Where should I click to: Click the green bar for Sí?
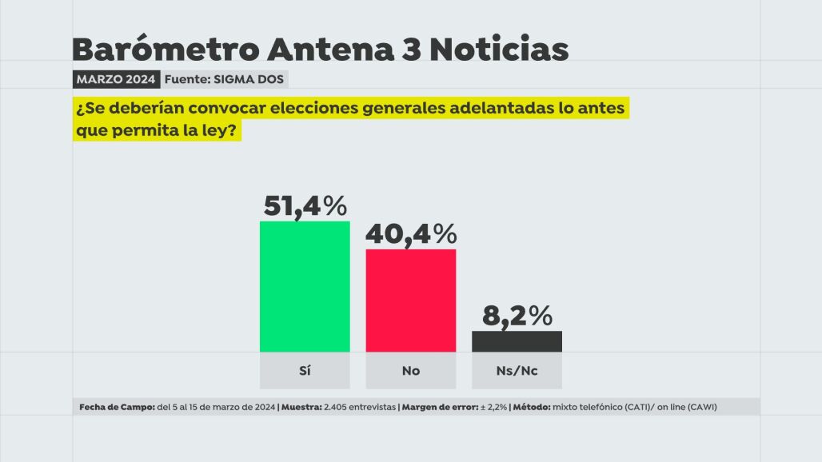[305, 286]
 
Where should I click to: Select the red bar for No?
[411, 301]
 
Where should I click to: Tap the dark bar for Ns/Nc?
[517, 341]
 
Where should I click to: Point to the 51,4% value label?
[305, 206]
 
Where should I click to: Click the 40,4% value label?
[411, 234]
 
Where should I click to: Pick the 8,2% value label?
[517, 316]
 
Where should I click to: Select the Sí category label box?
[305, 371]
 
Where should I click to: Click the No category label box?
[411, 371]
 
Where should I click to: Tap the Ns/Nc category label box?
[517, 371]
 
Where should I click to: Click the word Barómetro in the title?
[165, 50]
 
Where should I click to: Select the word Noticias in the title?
[499, 50]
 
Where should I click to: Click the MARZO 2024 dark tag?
[116, 79]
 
